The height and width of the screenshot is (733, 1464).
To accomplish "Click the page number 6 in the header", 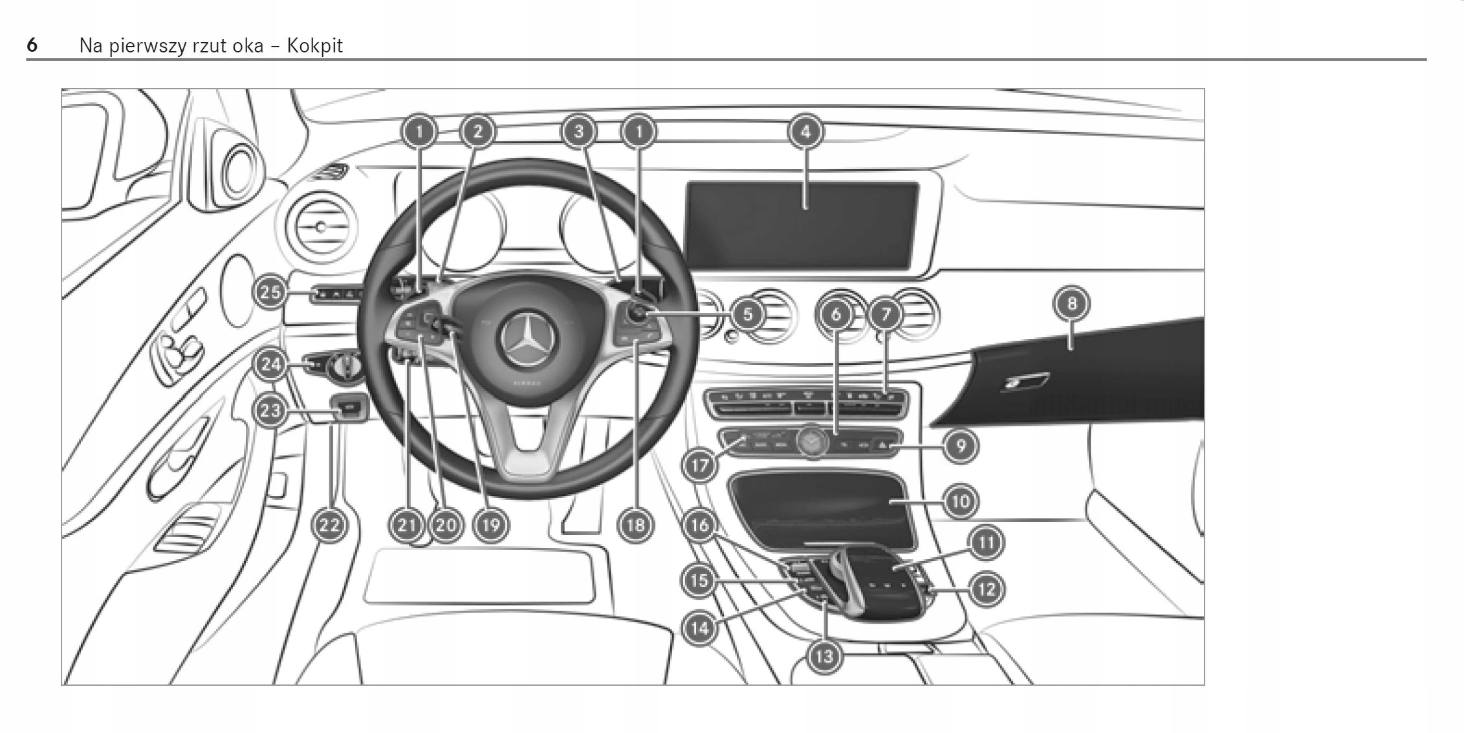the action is point(32,45).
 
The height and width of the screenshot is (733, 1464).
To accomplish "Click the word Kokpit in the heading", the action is point(314,46).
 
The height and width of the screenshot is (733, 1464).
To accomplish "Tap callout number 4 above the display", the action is point(805,132).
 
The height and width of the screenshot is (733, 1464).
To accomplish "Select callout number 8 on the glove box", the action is point(1071,303).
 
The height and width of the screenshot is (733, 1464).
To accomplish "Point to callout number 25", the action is point(270,292).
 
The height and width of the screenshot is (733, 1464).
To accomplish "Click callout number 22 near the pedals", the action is point(329,524).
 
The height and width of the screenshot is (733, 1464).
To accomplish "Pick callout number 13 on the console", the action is point(824,657).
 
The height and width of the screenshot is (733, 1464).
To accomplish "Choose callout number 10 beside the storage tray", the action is point(961,501).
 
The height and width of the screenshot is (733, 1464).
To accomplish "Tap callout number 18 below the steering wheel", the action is point(635,524).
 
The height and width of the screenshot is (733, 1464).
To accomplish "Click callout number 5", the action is point(748,315).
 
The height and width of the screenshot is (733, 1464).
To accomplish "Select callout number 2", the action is point(477,132).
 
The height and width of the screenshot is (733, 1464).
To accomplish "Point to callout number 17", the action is point(699,465).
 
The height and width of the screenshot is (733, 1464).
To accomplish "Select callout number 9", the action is point(961,445).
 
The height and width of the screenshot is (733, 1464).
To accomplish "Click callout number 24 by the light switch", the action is point(270,364).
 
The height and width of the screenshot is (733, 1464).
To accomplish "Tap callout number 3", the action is point(578,132).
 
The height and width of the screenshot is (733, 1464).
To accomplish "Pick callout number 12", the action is point(986,589).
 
